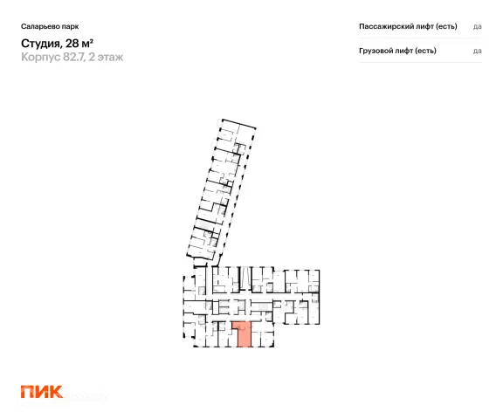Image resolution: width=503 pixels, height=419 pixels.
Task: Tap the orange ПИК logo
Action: tap(42, 392)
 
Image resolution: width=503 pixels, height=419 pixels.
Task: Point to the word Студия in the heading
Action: tap(41, 44)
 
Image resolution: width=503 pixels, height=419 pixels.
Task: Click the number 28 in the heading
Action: tap(72, 43)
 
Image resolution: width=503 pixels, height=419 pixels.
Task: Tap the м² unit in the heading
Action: tap(87, 43)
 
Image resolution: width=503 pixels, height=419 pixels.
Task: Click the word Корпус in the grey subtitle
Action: tap(41, 57)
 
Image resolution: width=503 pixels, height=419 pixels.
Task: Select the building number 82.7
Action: tap(74, 57)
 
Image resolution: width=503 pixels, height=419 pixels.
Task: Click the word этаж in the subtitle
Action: tap(110, 57)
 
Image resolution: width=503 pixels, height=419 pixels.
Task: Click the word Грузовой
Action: tap(374, 51)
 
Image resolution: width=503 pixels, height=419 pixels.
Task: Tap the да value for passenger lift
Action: tap(478, 27)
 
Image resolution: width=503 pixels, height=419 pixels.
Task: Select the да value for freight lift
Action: tap(478, 52)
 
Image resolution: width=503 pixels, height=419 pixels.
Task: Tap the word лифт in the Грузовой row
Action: tap(399, 51)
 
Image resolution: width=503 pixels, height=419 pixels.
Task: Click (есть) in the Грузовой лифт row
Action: tap(424, 51)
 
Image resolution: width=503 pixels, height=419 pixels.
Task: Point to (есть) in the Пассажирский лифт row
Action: tap(446, 26)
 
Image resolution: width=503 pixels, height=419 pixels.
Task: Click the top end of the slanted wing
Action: tap(238, 123)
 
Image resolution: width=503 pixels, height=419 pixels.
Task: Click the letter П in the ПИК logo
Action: tap(27, 392)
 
